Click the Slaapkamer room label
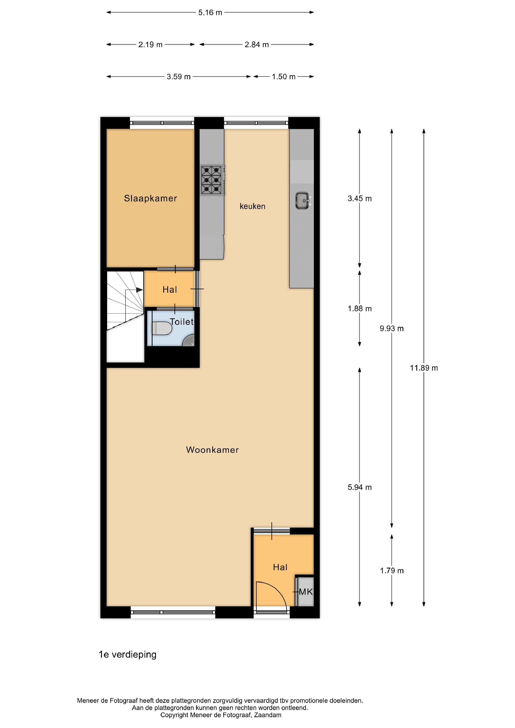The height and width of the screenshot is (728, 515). (x=150, y=199)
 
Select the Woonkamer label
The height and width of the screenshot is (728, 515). (x=212, y=450)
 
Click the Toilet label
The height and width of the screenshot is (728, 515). (x=182, y=322)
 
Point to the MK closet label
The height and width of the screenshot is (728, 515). (x=306, y=592)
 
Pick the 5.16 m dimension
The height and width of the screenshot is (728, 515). (x=210, y=13)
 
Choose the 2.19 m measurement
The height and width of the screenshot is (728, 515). (x=150, y=45)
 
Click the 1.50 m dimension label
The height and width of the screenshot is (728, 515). (x=283, y=77)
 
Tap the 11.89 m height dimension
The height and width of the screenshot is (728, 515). (x=424, y=368)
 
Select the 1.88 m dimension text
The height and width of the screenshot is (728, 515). (x=360, y=308)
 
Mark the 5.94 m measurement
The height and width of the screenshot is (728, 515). (x=360, y=487)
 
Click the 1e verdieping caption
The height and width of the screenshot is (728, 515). (x=127, y=654)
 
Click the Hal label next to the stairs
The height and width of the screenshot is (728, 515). (x=170, y=290)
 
